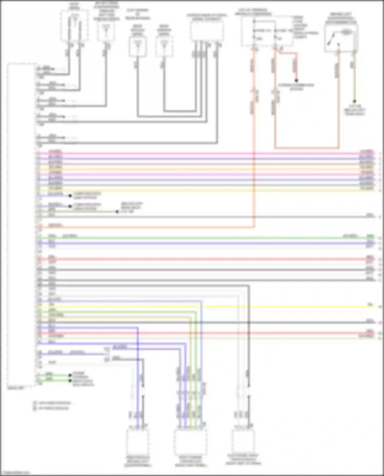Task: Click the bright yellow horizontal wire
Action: (x=282, y=306)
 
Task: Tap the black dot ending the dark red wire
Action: (x=296, y=81)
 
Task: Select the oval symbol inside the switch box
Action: (x=346, y=32)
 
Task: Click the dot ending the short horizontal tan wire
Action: (x=117, y=212)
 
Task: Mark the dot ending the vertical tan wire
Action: (x=355, y=101)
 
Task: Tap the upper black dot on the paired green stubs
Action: (x=70, y=375)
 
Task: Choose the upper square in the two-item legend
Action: (x=35, y=403)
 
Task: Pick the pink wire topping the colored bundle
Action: (x=205, y=154)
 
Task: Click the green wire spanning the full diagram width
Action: (x=205, y=238)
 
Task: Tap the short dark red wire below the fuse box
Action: (x=288, y=53)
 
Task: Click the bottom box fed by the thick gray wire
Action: (x=243, y=441)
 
